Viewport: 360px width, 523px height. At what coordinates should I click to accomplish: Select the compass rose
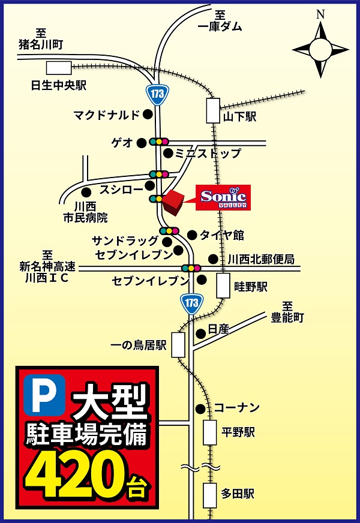coord(320,47)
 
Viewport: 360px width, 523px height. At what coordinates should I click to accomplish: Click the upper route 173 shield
coord(158,94)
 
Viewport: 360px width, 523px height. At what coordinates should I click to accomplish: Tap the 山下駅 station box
coord(213,112)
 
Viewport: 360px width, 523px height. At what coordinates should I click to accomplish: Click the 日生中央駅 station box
coord(59,68)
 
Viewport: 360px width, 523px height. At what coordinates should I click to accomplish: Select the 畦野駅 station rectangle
coord(223,285)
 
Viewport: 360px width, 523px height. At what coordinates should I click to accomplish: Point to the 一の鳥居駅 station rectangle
coord(178,345)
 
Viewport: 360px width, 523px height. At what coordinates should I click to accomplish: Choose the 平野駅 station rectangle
coord(209,432)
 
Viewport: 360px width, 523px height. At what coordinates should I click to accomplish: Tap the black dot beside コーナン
coord(200,408)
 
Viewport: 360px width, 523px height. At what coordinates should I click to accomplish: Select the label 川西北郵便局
coord(261,259)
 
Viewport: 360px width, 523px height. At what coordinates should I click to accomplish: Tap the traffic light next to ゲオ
coord(160,142)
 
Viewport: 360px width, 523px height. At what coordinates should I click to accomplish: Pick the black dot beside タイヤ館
coord(192,235)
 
